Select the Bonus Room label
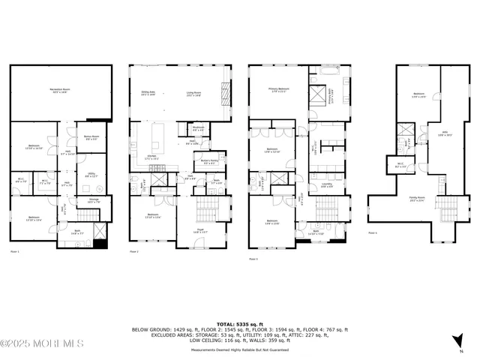point(91,137)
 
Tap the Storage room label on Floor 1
point(93,201)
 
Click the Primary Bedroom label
point(280,90)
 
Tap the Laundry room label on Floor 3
point(327,184)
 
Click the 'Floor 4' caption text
point(373,233)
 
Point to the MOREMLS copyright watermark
point(42,344)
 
